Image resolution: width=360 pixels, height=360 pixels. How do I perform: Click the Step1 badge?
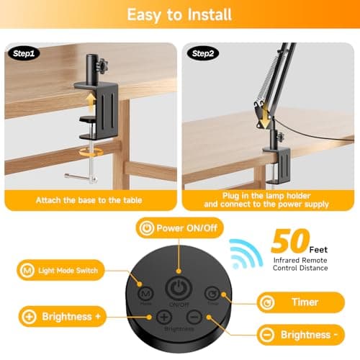click(x=24, y=53)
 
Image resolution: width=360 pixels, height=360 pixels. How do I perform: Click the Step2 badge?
click(x=203, y=53)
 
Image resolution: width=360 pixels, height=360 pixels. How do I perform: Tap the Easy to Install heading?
click(x=179, y=15)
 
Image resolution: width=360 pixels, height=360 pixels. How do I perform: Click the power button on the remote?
click(x=179, y=288)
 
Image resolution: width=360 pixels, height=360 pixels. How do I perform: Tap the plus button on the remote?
click(x=164, y=318)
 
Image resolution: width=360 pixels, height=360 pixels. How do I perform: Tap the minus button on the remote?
click(x=194, y=317)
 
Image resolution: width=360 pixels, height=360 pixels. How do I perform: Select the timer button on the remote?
click(x=212, y=294)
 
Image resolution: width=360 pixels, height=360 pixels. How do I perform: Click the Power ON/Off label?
click(x=179, y=228)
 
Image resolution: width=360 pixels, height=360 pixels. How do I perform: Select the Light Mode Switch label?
click(x=60, y=270)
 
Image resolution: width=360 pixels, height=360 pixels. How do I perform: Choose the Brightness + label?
click(x=63, y=317)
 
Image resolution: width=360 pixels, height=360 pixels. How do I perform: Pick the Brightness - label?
click(x=301, y=335)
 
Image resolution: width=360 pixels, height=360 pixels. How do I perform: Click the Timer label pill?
click(x=301, y=302)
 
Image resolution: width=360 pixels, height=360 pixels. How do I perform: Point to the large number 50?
click(x=290, y=241)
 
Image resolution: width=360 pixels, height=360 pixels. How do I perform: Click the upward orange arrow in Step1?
click(x=91, y=102)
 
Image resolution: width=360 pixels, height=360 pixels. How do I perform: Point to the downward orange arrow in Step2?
click(x=265, y=117)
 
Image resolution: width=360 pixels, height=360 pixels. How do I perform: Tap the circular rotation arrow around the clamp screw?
click(x=91, y=151)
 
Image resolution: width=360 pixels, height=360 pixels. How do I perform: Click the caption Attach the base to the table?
click(x=89, y=200)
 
